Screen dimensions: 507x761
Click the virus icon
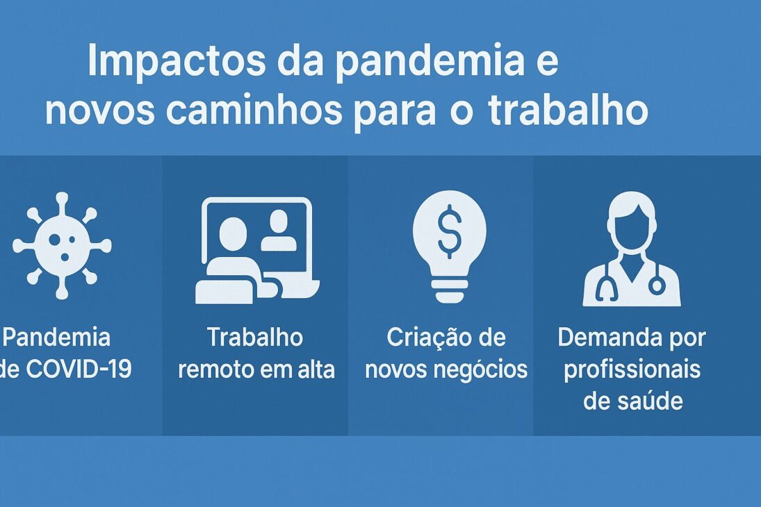tap(62, 246)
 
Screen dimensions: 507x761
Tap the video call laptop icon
tap(256, 250)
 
